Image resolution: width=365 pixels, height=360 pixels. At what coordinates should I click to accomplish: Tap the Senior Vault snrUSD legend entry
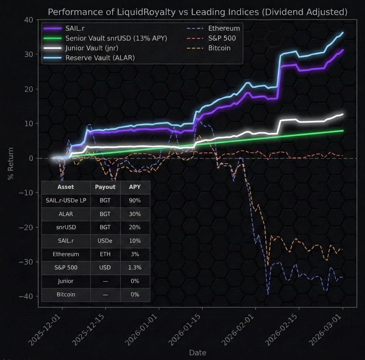point(116,38)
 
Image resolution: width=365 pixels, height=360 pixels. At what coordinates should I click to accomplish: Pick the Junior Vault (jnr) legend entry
point(92,48)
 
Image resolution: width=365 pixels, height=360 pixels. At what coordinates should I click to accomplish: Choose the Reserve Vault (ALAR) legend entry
point(100,57)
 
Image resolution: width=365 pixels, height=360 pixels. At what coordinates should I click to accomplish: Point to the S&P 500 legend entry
point(222,38)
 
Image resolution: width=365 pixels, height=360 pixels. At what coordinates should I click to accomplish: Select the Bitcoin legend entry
point(219,48)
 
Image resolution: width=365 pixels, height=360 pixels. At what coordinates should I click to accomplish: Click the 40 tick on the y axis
point(29,20)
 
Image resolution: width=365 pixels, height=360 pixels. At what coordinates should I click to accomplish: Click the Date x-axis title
point(197,353)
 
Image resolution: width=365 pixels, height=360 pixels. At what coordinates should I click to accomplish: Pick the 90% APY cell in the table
point(135,201)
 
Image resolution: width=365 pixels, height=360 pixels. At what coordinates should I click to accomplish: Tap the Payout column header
point(105,187)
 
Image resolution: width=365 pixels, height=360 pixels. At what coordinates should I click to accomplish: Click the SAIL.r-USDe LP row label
point(66,201)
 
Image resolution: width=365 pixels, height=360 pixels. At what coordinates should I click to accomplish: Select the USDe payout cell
point(105,241)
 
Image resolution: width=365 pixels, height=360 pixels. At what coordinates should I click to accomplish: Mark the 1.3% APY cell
point(135,268)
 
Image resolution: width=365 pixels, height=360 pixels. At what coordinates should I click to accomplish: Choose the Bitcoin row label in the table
point(66,295)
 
